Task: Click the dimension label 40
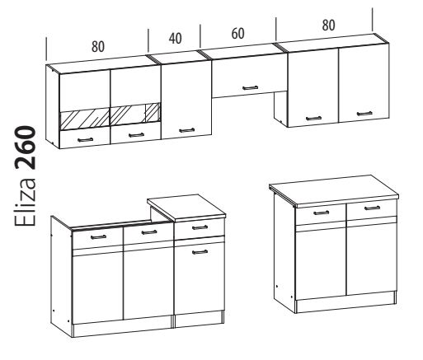[175, 39]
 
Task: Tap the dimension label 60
[237, 34]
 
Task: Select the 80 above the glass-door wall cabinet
[98, 46]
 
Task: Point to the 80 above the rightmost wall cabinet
[328, 25]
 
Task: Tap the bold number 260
[26, 147]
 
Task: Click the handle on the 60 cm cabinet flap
[251, 87]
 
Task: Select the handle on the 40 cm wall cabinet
[186, 130]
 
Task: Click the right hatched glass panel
[135, 114]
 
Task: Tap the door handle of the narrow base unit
[200, 252]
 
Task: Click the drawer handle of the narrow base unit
[200, 227]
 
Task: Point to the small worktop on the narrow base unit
[187, 208]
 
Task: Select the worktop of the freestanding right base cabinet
[334, 191]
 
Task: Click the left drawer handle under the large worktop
[321, 213]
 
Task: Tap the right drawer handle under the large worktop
[372, 208]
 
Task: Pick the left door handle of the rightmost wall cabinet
[313, 119]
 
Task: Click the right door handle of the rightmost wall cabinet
[364, 114]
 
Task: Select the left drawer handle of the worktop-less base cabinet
[98, 236]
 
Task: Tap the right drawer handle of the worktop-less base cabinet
[149, 232]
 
